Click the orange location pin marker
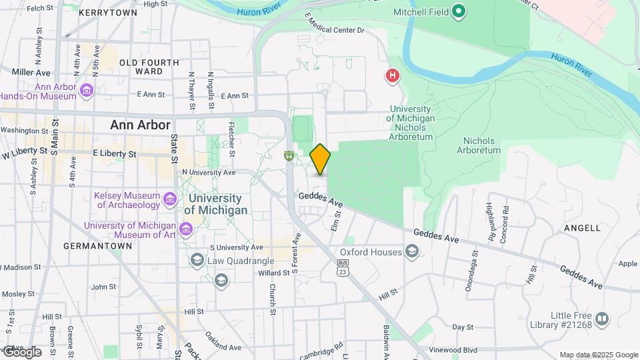point(320,159)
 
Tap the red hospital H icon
point(393,76)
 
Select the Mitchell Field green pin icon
point(458,11)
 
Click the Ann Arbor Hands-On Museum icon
point(86,90)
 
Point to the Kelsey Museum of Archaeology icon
point(170,199)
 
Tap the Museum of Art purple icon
point(186,230)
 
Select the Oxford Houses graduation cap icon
point(413,251)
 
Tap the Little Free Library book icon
point(602,319)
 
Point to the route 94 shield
point(289,156)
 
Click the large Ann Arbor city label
point(140,125)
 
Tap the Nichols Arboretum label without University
point(479,145)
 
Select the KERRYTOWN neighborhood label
point(108,13)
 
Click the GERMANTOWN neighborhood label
point(97,246)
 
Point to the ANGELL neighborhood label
point(582,227)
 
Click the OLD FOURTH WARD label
point(149,67)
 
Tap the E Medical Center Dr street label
point(334,23)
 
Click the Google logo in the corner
point(21,352)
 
